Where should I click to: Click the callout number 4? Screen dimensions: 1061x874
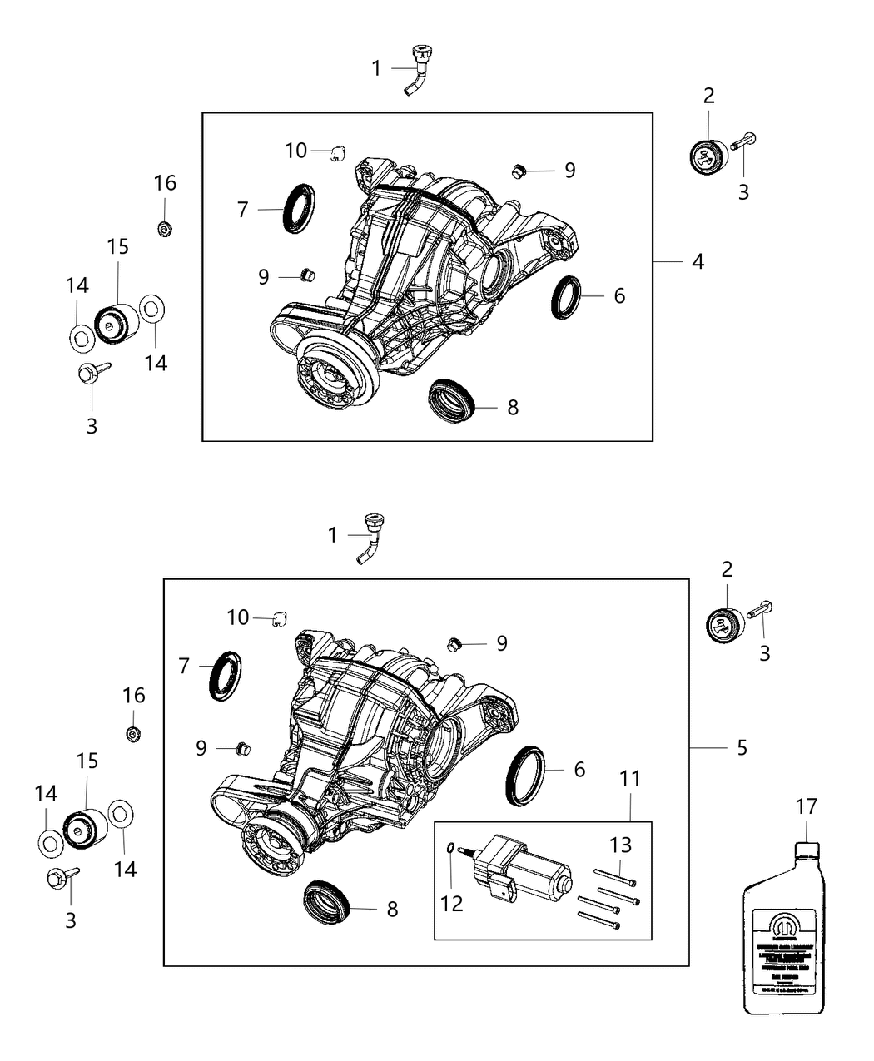coord(698,261)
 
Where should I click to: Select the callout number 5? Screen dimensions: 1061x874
coord(742,748)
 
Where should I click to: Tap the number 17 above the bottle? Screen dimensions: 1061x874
coord(806,806)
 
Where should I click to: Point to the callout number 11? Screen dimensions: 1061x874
coord(630,779)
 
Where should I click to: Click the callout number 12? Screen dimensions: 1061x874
coord(452,904)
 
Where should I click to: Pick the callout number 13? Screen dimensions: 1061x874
coord(621,845)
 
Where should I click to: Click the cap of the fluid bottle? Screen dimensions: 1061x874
coord(806,850)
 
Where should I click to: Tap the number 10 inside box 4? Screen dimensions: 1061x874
coord(296,151)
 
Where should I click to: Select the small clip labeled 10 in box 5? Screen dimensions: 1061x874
coord(281,618)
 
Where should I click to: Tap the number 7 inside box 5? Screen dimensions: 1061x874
coord(183,665)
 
